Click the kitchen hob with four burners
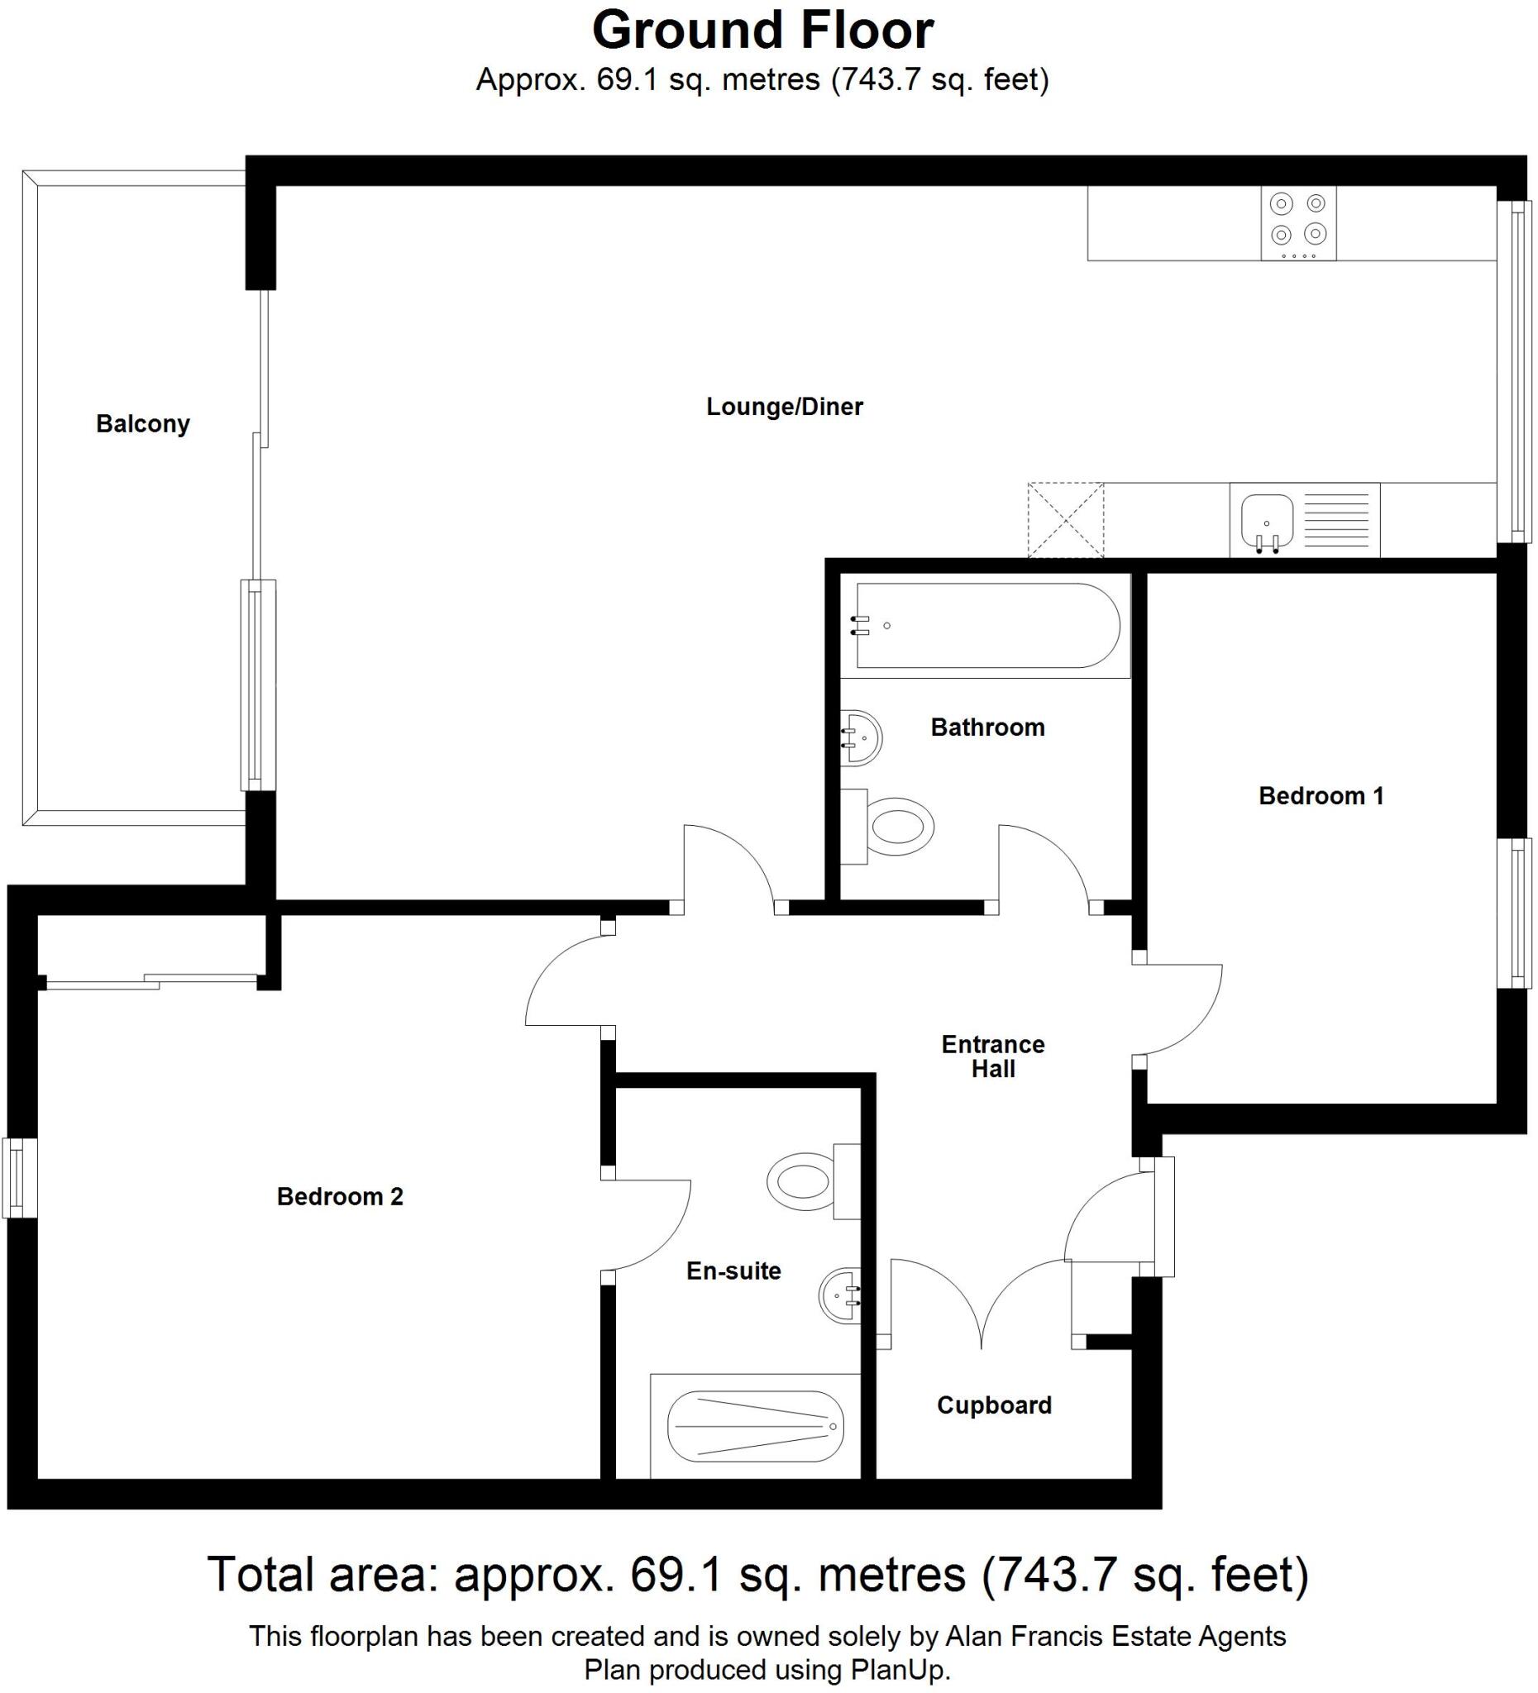pos(1297,222)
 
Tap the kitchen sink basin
pos(1267,521)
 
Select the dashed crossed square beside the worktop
pos(1065,519)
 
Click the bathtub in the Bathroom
pos(987,626)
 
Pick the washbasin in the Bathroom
pos(862,737)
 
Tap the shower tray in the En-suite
pos(755,1427)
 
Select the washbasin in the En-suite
pos(841,1295)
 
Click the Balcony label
pos(143,424)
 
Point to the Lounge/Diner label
pos(784,408)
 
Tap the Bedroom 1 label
pos(1321,796)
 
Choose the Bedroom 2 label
pos(340,1197)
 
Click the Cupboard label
pos(994,1406)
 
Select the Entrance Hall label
pos(993,1056)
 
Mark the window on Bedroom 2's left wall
pos(18,1177)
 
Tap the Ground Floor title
pos(762,31)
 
